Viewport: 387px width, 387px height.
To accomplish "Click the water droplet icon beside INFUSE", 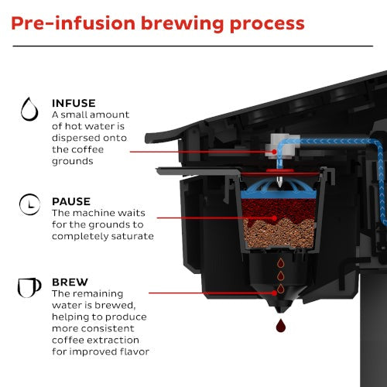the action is click(x=29, y=109).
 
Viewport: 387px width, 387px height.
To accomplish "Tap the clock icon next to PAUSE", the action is click(x=29, y=204).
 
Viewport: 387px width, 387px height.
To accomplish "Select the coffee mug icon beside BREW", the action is click(x=29, y=287).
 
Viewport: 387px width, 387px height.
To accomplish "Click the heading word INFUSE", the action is click(x=74, y=103).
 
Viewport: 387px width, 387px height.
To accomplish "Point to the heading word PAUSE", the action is click(x=71, y=201).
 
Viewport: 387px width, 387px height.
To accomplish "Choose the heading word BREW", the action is click(x=70, y=283).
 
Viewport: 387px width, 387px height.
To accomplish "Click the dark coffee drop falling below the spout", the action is click(x=280, y=325).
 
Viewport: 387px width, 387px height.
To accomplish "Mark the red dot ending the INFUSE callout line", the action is click(x=274, y=152).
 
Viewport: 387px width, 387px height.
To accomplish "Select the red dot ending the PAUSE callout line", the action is click(x=275, y=218).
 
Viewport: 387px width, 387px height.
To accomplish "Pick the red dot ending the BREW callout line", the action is click(x=274, y=293).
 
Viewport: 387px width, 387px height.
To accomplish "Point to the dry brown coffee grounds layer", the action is click(x=279, y=234).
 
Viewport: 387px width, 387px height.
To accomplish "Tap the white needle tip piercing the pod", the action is click(x=279, y=181).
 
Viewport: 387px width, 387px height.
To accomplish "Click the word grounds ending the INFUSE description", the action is click(x=73, y=162).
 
